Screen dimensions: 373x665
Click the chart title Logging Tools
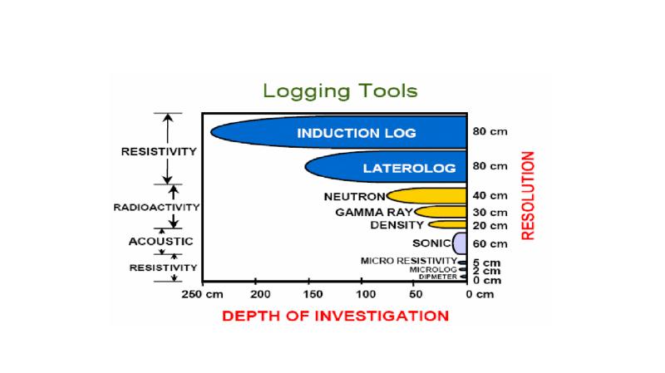[340, 90]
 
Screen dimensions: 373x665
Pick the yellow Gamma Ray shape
[441, 212]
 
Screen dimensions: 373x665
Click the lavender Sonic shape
[459, 243]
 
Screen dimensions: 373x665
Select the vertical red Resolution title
[529, 195]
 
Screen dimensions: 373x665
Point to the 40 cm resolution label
[490, 196]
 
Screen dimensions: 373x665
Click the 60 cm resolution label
[490, 244]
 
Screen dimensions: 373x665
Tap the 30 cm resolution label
[490, 212]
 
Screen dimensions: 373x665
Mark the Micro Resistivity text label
[408, 261]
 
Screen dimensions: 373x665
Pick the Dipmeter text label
[438, 277]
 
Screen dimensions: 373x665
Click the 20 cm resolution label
[490, 225]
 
